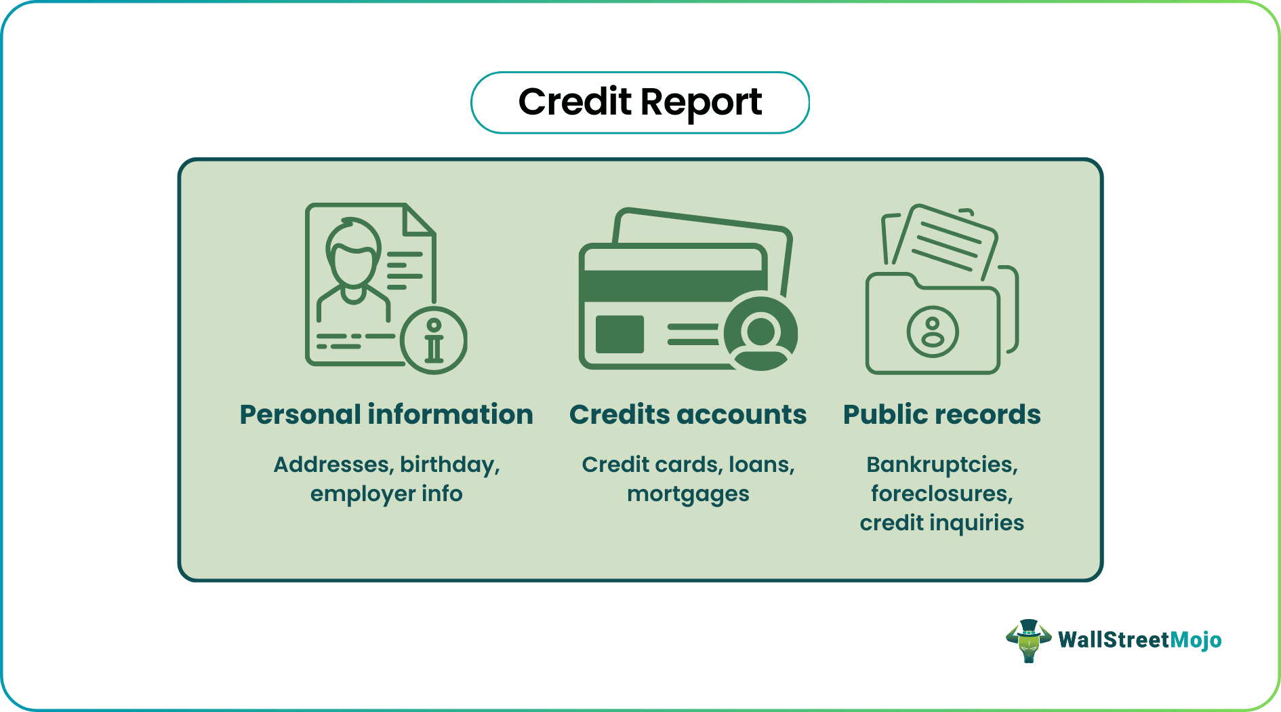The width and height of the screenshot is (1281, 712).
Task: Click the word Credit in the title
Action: coord(575,102)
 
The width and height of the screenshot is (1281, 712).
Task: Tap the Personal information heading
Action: coord(386,414)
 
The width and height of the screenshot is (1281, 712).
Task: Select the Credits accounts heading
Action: coord(688,414)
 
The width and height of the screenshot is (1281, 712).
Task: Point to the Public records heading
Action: coord(941,414)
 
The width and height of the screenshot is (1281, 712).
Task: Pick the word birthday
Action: coord(449,465)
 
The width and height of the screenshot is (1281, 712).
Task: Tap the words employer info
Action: coord(386,494)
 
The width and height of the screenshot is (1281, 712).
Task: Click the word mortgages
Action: coord(688,494)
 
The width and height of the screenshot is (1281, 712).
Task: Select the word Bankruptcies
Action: coord(941,464)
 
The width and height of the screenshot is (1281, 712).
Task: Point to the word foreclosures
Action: coord(941,494)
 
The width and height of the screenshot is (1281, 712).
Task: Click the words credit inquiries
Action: coord(941,523)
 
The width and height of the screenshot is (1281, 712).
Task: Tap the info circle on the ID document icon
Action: coord(434,340)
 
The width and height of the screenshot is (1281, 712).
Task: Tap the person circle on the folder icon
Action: coord(933,332)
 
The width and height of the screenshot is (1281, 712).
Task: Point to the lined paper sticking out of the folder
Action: coord(945,241)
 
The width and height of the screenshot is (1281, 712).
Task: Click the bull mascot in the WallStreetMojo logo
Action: coord(1028,640)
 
